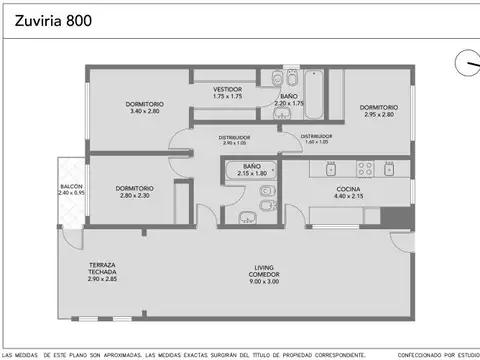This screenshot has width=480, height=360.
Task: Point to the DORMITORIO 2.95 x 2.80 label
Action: tap(379, 111)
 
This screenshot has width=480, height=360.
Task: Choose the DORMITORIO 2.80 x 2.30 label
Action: tap(133, 191)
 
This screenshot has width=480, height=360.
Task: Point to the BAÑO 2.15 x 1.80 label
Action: tap(252, 170)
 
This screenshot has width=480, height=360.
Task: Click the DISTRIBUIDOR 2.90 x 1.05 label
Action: tap(236, 140)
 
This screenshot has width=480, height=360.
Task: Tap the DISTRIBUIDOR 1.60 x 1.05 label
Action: tap(312, 139)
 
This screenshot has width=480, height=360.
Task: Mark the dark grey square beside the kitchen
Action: tap(401, 216)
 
